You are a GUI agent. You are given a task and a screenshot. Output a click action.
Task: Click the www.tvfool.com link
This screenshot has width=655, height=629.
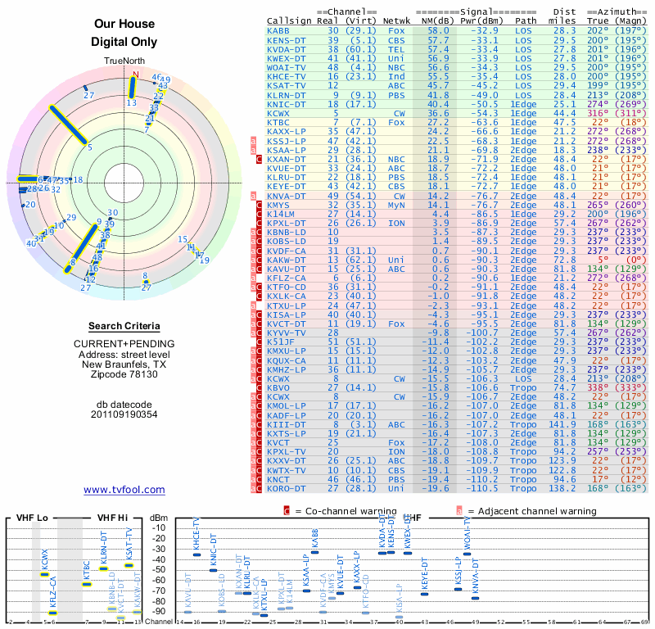124,490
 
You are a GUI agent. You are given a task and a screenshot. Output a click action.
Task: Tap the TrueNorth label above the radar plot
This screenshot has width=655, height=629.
124,61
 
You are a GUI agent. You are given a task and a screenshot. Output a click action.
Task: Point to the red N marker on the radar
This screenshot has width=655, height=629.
136,74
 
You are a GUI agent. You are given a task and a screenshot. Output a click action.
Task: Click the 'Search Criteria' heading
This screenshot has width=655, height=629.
124,326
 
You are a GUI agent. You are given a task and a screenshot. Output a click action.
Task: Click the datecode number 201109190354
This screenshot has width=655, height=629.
124,414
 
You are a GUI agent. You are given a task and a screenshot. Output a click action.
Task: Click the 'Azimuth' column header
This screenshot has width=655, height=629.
621,11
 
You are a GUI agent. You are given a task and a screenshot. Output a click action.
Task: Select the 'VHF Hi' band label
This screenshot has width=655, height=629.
113,518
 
